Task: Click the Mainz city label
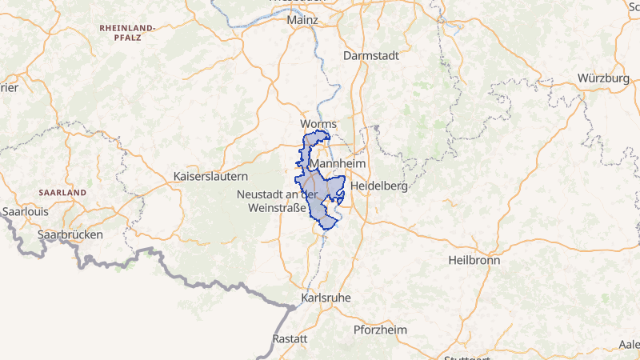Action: click(302, 19)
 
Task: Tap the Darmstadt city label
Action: click(370, 56)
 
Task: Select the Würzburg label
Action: click(603, 78)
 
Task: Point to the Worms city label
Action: click(318, 124)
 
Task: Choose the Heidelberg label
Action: click(379, 186)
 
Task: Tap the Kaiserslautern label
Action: click(211, 175)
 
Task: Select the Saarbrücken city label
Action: click(70, 235)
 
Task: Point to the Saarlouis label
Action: click(26, 212)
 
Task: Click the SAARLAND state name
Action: click(62, 194)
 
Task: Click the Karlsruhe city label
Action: click(326, 298)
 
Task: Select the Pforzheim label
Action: click(380, 330)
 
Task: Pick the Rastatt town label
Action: click(290, 339)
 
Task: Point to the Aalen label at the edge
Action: click(630, 344)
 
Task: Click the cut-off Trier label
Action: click(8, 88)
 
